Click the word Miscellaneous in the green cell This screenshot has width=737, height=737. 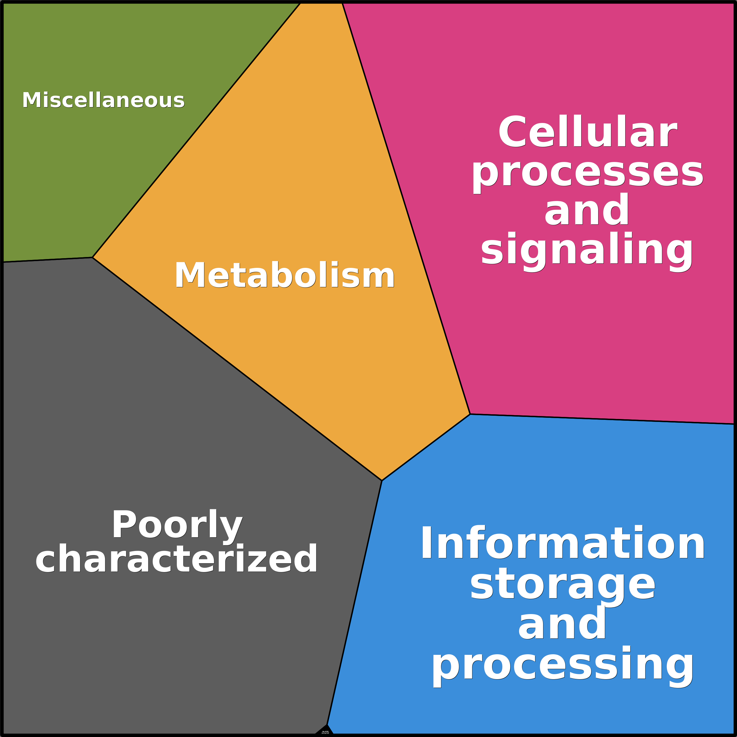[103, 100]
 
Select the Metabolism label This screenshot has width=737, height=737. [284, 275]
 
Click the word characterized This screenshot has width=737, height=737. [177, 559]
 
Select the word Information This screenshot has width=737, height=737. [563, 543]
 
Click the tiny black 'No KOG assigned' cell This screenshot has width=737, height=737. [324, 731]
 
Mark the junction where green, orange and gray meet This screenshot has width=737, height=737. [92, 258]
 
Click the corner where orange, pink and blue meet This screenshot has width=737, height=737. [470, 414]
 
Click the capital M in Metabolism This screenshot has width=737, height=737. [189, 275]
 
